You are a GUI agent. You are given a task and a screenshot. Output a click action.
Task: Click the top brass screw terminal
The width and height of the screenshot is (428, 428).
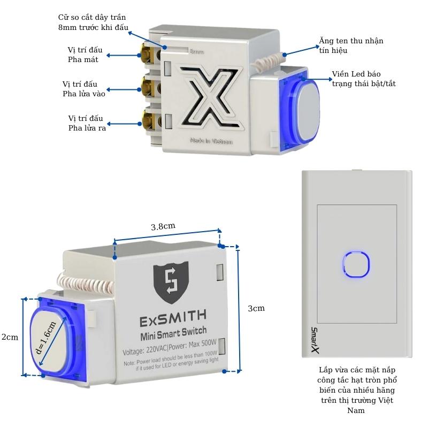(x=145, y=53)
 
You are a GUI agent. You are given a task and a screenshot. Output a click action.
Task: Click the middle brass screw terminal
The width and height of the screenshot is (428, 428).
(x=145, y=85)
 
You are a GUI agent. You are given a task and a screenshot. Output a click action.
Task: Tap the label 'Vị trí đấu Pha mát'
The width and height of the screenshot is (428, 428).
(x=83, y=54)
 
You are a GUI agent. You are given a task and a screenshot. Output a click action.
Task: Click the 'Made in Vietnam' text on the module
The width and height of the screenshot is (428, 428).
(x=211, y=142)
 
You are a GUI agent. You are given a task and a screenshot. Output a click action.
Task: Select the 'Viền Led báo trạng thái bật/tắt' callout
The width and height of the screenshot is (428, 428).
(x=363, y=79)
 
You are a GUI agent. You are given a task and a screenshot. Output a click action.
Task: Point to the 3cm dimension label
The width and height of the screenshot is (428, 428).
(x=256, y=309)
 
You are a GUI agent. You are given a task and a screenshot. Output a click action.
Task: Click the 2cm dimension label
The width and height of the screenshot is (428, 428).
(x=10, y=337)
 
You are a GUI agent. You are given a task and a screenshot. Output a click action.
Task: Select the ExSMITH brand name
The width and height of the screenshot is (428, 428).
(x=173, y=319)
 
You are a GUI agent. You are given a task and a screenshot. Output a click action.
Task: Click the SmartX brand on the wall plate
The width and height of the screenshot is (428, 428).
(x=315, y=340)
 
